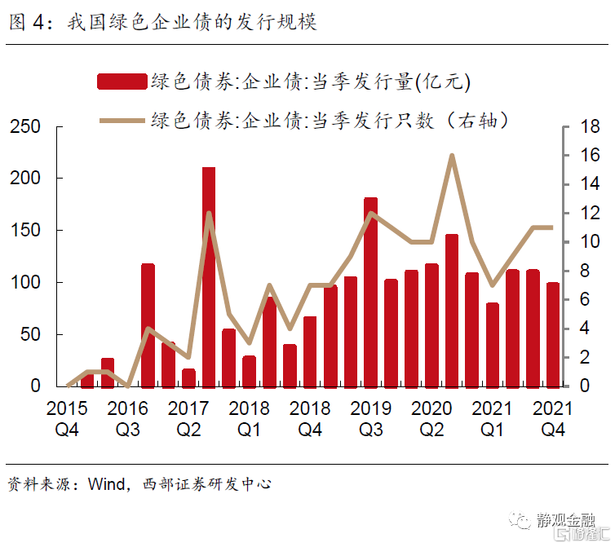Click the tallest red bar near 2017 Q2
tap(209, 277)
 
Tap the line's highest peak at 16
tap(452, 156)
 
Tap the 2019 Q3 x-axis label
tap(371, 417)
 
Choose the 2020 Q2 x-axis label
tap(432, 417)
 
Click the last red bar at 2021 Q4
tap(553, 334)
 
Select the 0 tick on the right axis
tap(584, 386)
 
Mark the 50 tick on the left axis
tap(29, 334)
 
